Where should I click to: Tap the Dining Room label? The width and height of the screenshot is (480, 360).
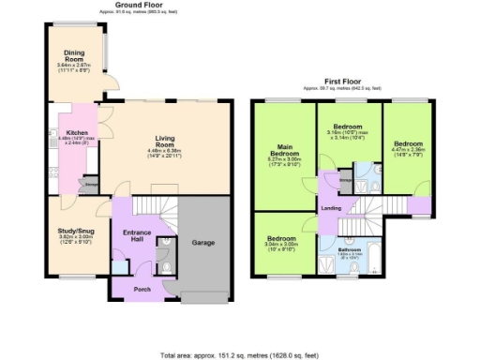pos(74,55)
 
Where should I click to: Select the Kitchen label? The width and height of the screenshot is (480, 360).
pos(76,132)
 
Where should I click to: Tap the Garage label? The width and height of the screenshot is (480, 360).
pos(203,243)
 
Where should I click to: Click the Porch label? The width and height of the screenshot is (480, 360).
pos(142,289)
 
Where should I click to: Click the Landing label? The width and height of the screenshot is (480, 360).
pos(331,208)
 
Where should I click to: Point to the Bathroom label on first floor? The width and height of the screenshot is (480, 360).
pos(349,249)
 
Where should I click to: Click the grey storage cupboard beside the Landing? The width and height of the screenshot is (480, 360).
pos(345,184)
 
